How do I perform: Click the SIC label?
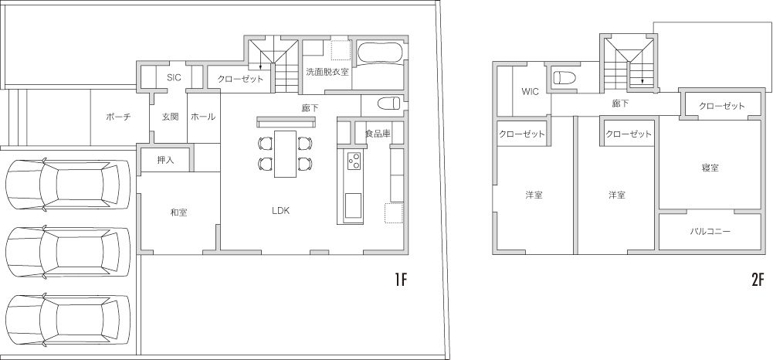coord(174,77)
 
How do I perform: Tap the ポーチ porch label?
coord(118,117)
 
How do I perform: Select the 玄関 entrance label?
coord(171,117)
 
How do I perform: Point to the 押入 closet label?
coord(165,160)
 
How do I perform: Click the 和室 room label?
coord(178,212)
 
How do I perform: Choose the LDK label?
coord(280,211)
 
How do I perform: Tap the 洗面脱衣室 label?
coord(327,72)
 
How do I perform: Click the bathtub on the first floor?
coord(379,54)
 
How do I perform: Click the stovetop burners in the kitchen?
coord(354,160)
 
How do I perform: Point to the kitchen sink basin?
coord(352,205)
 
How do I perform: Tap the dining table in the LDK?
coord(286,154)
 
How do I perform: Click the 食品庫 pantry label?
coord(378,133)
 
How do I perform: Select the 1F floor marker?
coord(400,280)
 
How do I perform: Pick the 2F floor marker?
coord(758,280)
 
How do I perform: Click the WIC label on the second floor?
coord(531,92)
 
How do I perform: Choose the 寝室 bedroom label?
coord(710,168)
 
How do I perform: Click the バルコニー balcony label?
coord(710,231)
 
